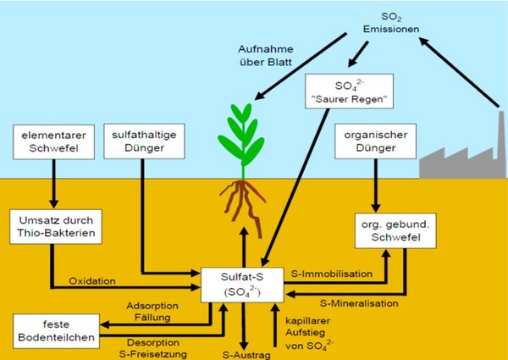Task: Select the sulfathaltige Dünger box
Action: [x=141, y=141]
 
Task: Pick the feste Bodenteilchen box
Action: [x=48, y=330]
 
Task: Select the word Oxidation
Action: [x=94, y=281]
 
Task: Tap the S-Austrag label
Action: [x=245, y=354]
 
